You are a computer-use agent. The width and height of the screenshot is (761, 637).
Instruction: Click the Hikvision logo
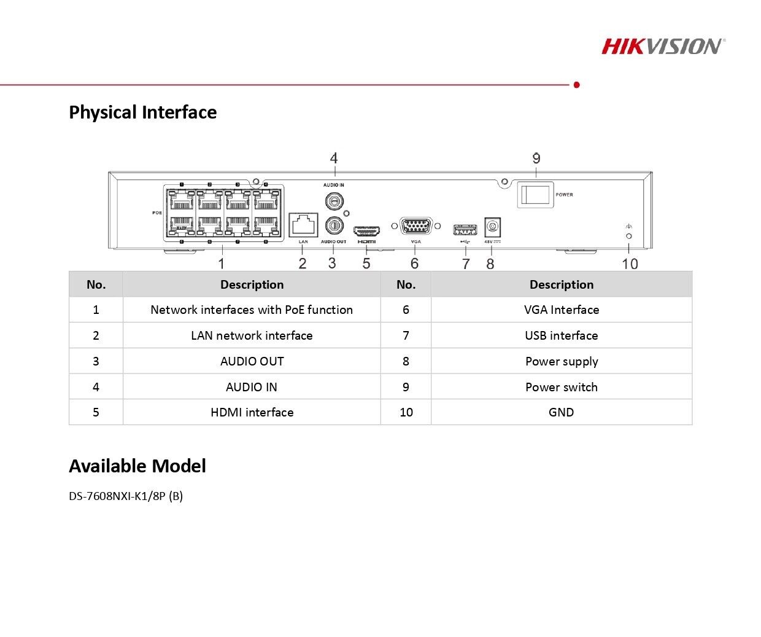[x=663, y=46]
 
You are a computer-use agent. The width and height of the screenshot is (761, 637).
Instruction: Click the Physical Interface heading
[x=142, y=112]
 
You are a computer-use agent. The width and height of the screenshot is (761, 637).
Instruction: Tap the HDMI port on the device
[x=366, y=231]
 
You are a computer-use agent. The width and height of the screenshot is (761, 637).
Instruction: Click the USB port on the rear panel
[x=465, y=230]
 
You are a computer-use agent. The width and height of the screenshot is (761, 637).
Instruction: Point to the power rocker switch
[x=535, y=195]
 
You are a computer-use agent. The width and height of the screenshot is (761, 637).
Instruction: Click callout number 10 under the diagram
[x=630, y=264]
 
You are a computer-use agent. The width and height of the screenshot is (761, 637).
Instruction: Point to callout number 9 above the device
[x=536, y=158]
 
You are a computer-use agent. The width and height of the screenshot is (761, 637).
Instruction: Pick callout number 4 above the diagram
[x=334, y=158]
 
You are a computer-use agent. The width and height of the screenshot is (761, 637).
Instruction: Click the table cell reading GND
[x=561, y=412]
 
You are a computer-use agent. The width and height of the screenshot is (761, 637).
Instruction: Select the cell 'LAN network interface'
[x=252, y=335]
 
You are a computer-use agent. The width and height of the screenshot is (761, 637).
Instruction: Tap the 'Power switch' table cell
[x=561, y=387]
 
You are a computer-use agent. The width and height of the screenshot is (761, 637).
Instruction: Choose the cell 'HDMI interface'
[x=252, y=412]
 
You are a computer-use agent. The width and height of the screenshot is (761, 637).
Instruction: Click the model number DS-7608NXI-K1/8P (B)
[x=126, y=496]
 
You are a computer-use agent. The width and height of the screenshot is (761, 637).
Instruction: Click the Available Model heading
[x=137, y=466]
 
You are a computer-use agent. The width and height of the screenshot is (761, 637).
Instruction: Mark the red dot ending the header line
[x=576, y=85]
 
